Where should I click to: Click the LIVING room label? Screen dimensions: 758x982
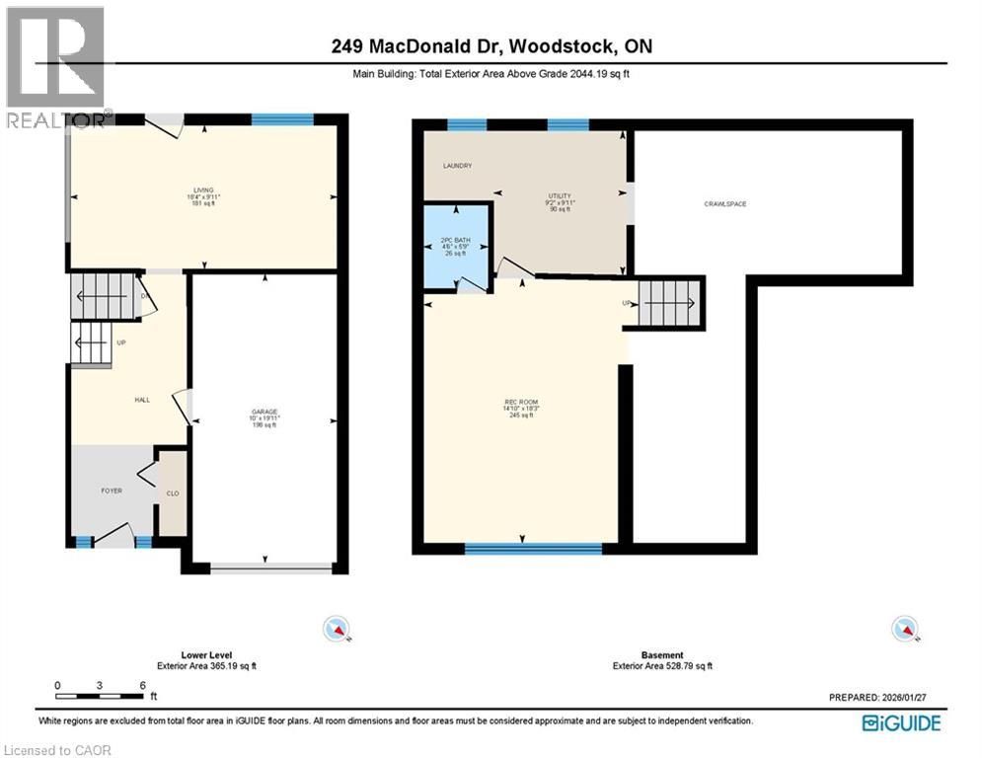pos(203,189)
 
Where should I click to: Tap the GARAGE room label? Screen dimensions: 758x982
pos(264,411)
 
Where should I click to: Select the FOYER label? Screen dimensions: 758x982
pos(112,491)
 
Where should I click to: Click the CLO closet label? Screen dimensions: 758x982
pos(172,494)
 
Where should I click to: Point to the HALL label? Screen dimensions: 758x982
pos(142,400)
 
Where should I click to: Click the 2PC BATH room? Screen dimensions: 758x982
pos(456,246)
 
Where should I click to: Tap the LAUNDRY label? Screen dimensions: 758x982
pos(457,166)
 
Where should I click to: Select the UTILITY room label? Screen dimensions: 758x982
pos(560,196)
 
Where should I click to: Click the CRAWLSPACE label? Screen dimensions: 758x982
pos(724,204)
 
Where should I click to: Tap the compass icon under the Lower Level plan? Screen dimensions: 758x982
pos(337,628)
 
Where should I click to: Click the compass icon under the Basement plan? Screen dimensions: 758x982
pos(902,628)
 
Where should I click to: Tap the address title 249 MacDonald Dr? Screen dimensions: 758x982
pos(491,46)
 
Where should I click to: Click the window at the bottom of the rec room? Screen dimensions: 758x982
pos(533,548)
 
